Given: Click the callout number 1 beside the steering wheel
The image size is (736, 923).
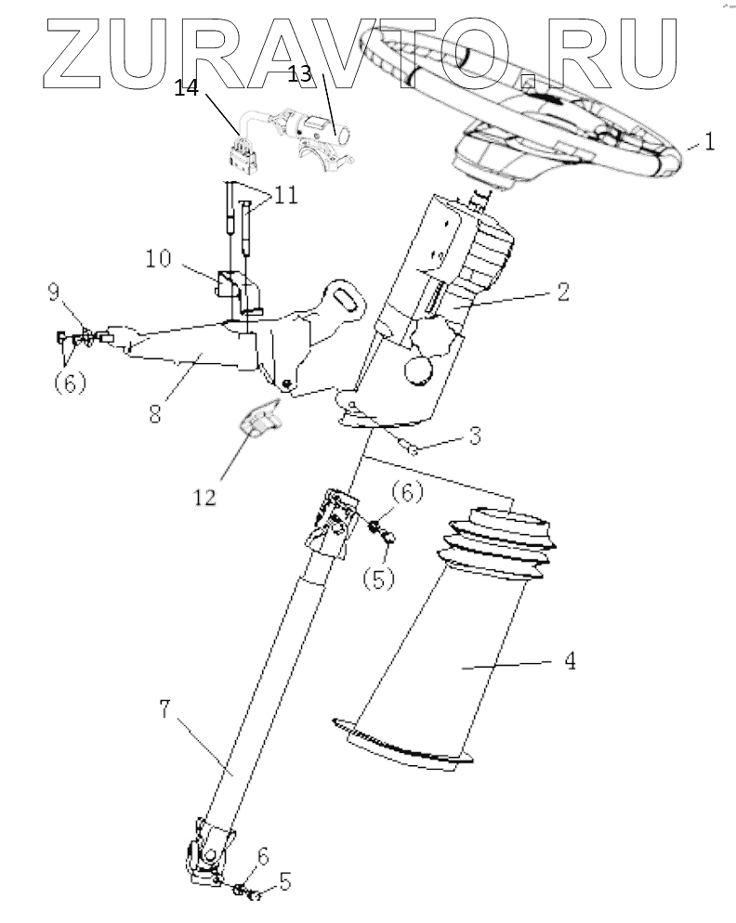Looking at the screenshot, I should tap(709, 144).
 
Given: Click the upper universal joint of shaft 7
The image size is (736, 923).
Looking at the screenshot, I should tap(332, 524).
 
